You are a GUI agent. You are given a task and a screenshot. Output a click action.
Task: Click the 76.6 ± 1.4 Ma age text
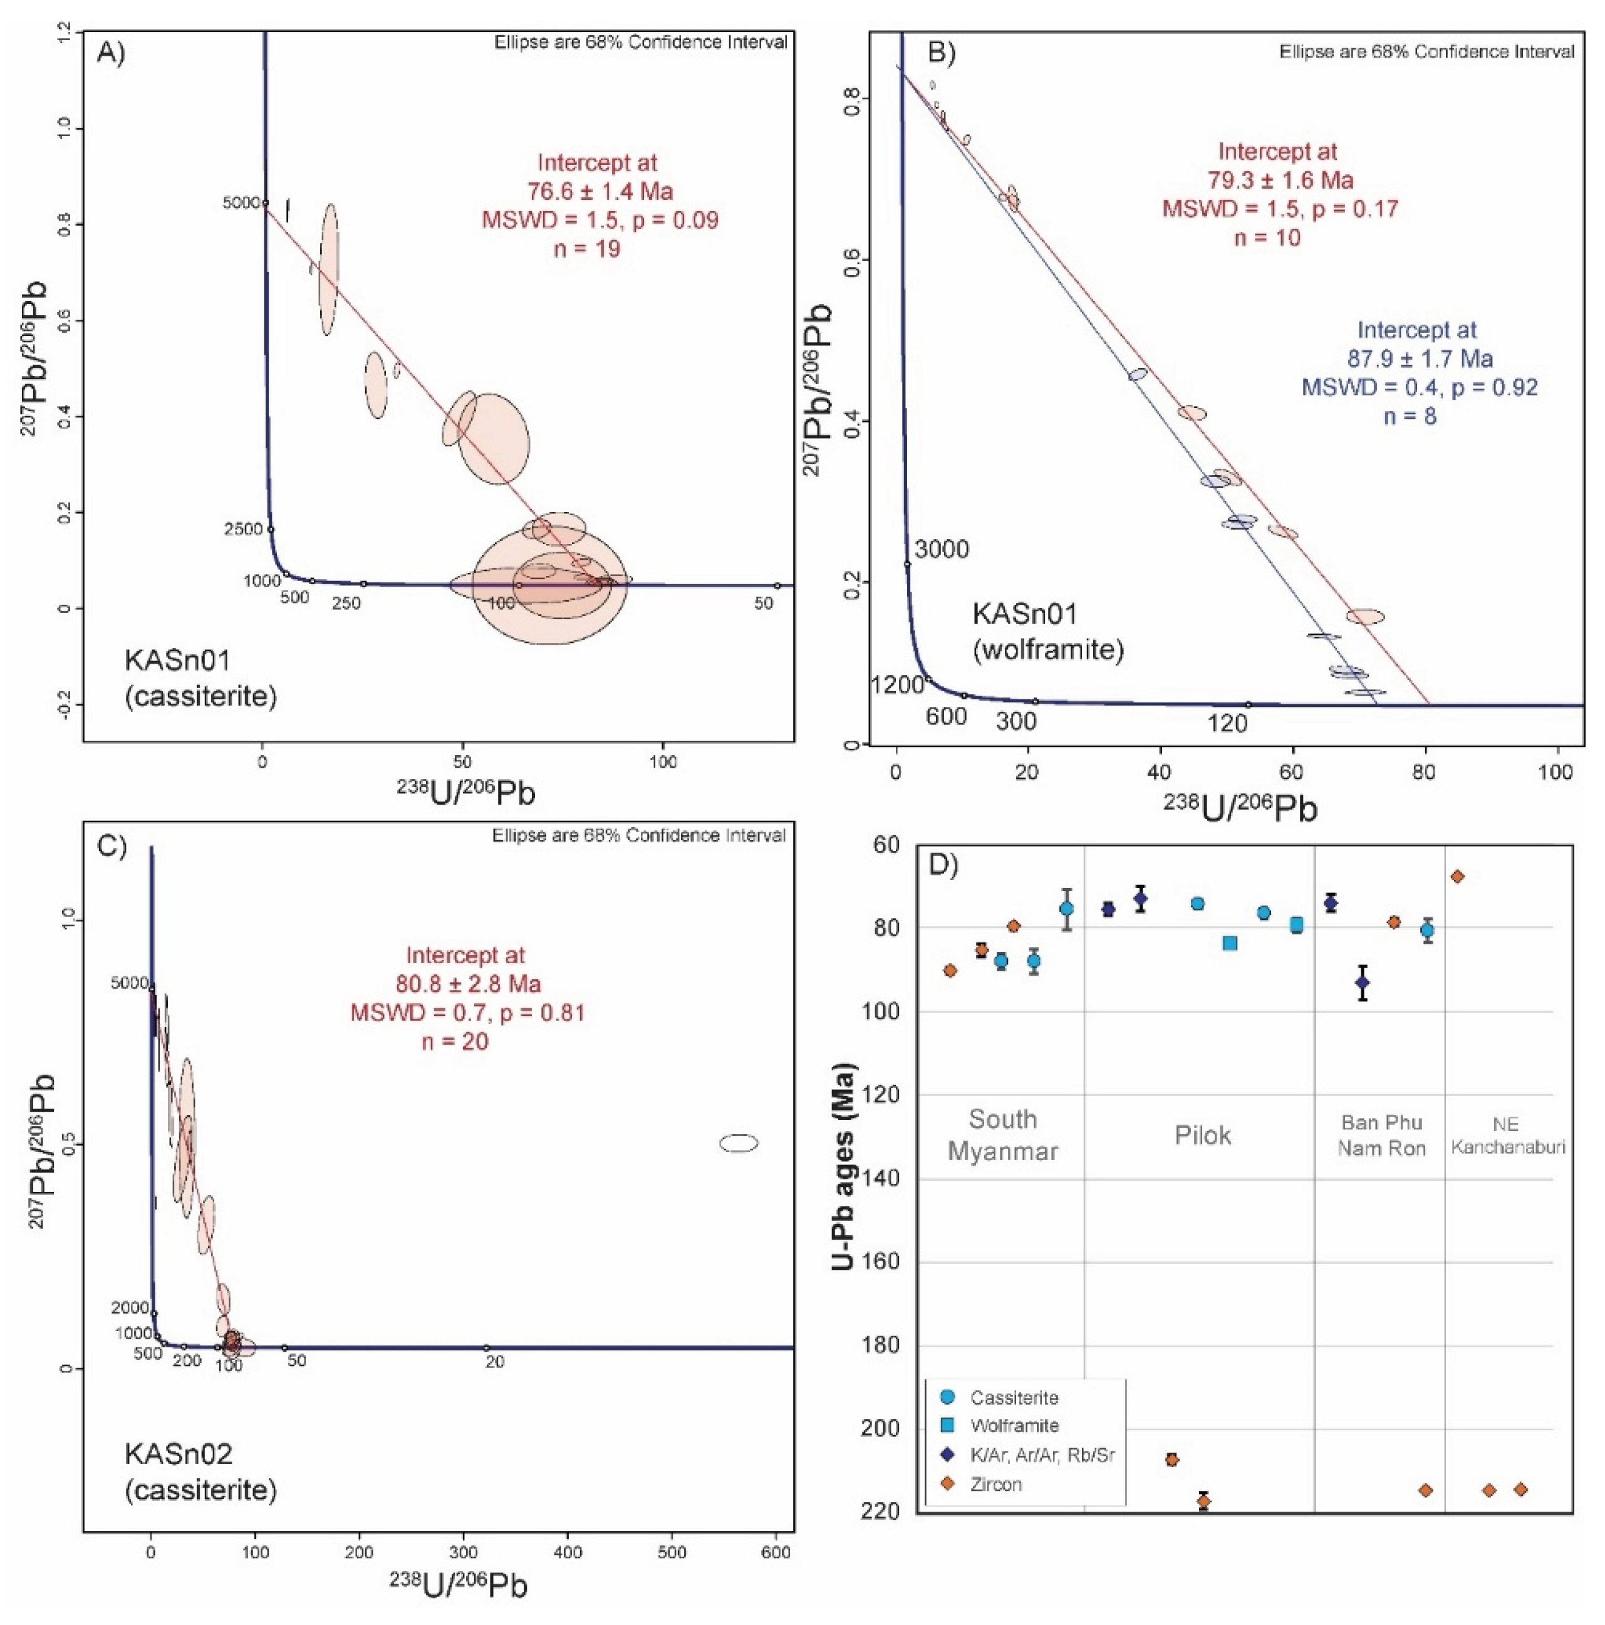click(x=600, y=192)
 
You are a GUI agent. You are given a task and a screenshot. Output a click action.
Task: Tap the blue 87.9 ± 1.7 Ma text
click(x=1419, y=359)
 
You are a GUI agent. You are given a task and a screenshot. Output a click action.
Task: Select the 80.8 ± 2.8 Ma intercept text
click(x=469, y=984)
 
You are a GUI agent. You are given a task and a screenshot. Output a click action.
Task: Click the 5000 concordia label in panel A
click(x=241, y=202)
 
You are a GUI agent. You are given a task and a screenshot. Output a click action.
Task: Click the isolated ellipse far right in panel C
click(x=738, y=1143)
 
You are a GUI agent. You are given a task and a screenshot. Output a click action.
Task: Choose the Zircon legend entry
click(x=995, y=1485)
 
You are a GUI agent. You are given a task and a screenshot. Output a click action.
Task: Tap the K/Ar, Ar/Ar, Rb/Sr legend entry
click(x=1041, y=1455)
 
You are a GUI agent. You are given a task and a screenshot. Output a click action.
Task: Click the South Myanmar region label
click(x=1002, y=1135)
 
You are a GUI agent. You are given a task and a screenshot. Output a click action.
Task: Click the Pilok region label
click(x=1202, y=1136)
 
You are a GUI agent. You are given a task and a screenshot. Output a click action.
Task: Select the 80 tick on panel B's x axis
click(x=1424, y=773)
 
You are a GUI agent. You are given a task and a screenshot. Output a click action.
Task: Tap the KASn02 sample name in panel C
click(x=179, y=1453)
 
